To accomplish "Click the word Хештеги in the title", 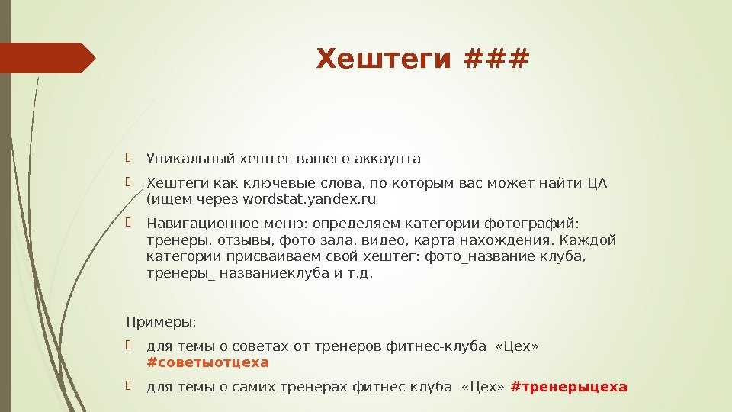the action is (x=384, y=60).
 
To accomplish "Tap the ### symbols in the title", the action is (x=496, y=59).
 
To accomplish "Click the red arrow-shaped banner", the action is (x=47, y=58).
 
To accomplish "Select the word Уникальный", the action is (x=191, y=159).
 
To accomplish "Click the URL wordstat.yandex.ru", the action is (x=309, y=199).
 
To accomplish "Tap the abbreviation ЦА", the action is (x=597, y=183).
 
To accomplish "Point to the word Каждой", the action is (x=588, y=240).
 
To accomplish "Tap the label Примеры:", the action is (x=162, y=322).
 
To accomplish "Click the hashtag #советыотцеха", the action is (x=207, y=362).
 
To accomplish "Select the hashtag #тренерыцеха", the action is (x=569, y=387).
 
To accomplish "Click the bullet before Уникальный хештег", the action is (x=128, y=157).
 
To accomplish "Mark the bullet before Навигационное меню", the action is (x=128, y=222).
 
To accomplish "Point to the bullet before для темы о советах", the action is (x=128, y=345).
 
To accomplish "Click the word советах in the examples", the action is (x=260, y=346).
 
